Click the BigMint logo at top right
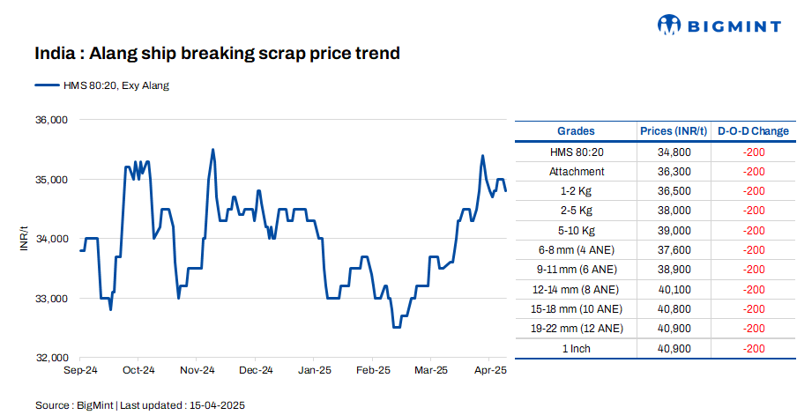click(719, 25)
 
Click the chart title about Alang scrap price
click(217, 54)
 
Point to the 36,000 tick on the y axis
click(50, 120)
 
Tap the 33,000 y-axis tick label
click(50, 299)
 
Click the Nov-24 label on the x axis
click(197, 371)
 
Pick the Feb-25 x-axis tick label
click(372, 371)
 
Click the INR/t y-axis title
click(25, 239)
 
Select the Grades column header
click(576, 131)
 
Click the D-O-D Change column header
click(753, 131)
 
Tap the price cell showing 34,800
click(674, 152)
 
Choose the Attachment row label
click(577, 171)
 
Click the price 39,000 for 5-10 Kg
click(674, 230)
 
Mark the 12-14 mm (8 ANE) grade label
click(577, 289)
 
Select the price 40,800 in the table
click(674, 309)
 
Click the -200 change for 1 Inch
click(753, 349)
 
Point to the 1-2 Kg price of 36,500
click(674, 190)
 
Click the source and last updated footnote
click(139, 405)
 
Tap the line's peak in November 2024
click(213, 150)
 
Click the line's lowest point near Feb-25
click(396, 328)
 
